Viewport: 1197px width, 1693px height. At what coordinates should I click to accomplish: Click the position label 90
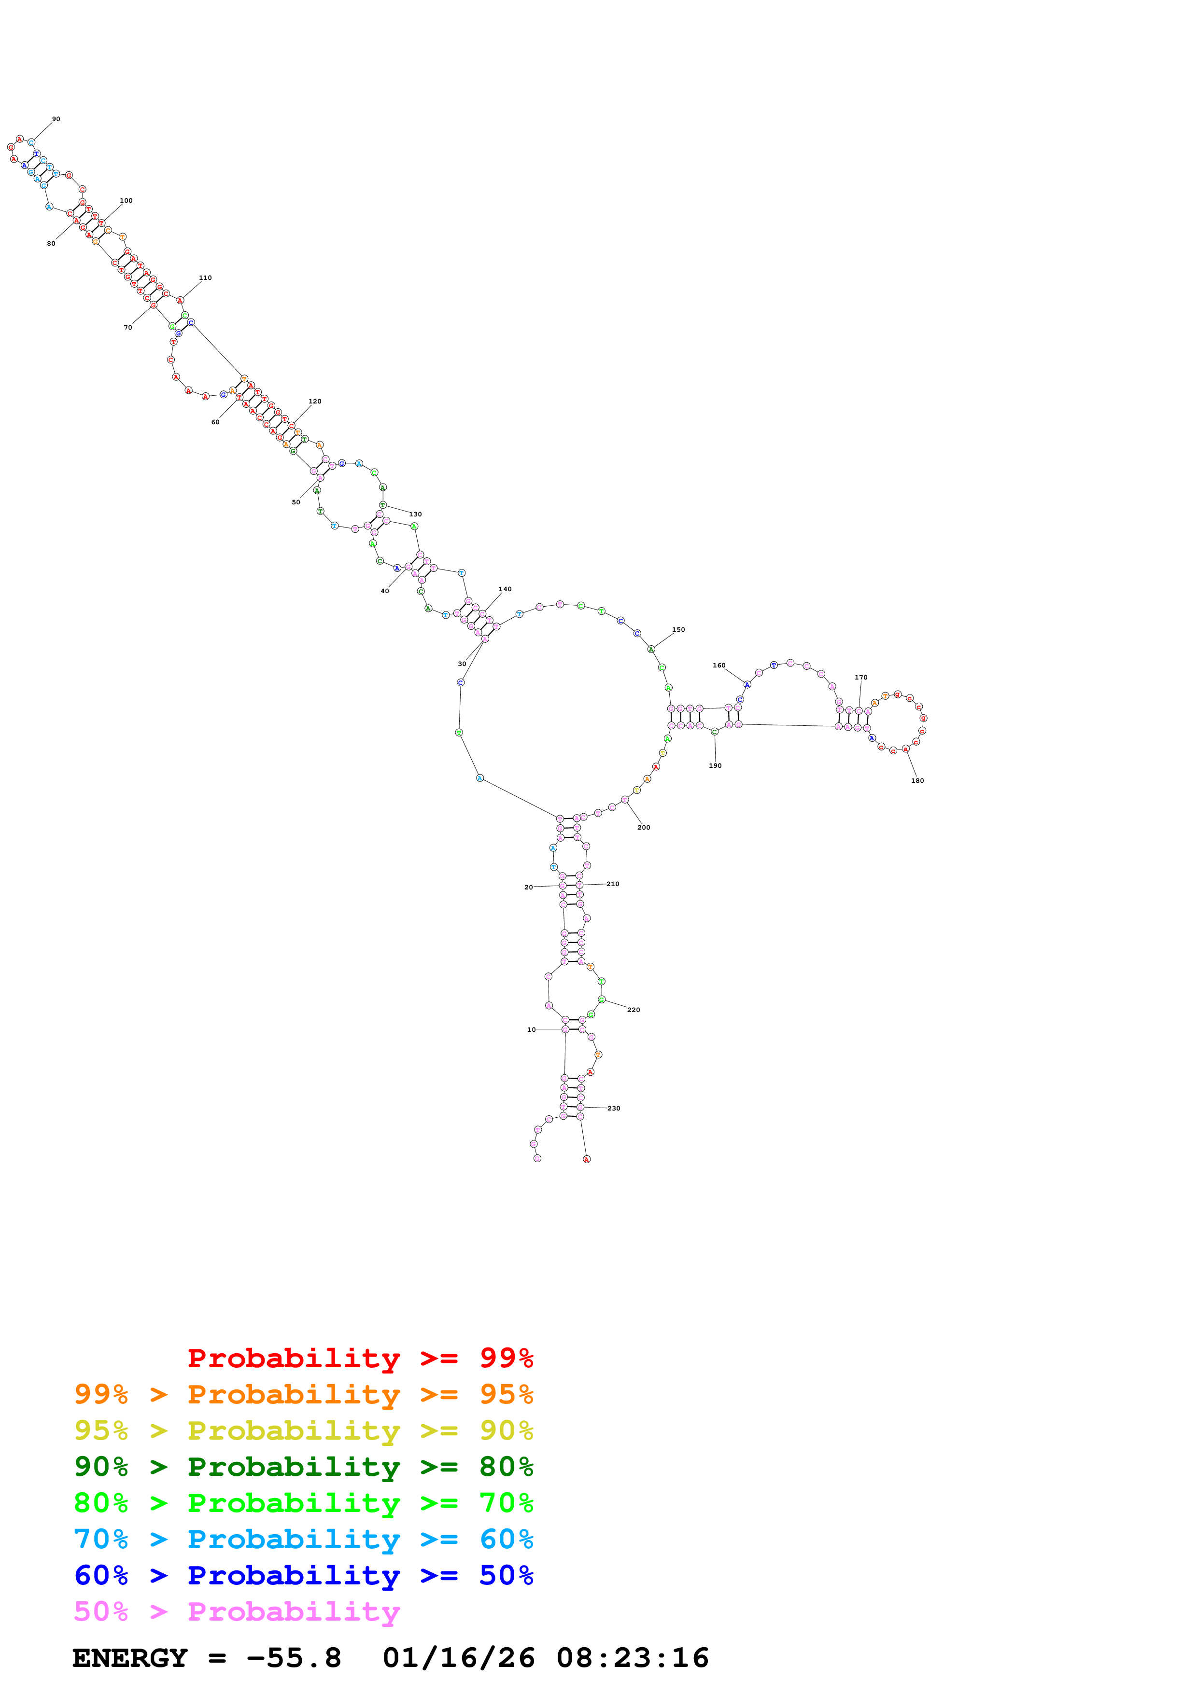tap(56, 119)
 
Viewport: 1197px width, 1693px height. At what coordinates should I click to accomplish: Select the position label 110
tap(205, 278)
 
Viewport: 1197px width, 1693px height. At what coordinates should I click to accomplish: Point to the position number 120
tap(315, 401)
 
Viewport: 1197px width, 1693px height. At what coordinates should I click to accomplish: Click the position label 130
tap(415, 514)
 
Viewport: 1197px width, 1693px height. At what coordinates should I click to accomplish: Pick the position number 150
tap(678, 630)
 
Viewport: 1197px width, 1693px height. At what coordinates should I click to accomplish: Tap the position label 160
tap(719, 665)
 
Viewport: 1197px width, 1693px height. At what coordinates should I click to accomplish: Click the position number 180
tap(917, 780)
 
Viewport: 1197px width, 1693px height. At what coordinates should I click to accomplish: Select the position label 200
tap(644, 827)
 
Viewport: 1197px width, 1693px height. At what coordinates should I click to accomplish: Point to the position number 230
tap(614, 1108)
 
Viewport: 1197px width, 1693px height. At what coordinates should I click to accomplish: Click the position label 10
tap(532, 1029)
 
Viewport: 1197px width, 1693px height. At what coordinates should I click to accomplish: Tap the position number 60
tap(215, 422)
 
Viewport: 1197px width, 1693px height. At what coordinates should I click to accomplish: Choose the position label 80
tap(51, 243)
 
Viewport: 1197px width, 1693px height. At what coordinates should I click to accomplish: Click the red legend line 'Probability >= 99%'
tap(360, 1358)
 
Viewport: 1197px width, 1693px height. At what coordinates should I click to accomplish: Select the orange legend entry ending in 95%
tap(303, 1394)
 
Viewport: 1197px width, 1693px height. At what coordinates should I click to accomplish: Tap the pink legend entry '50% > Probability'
tap(237, 1611)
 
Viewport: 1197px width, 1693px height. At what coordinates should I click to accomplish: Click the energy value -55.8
tap(294, 1658)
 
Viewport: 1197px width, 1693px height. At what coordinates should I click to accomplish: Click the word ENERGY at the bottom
tap(130, 1658)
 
